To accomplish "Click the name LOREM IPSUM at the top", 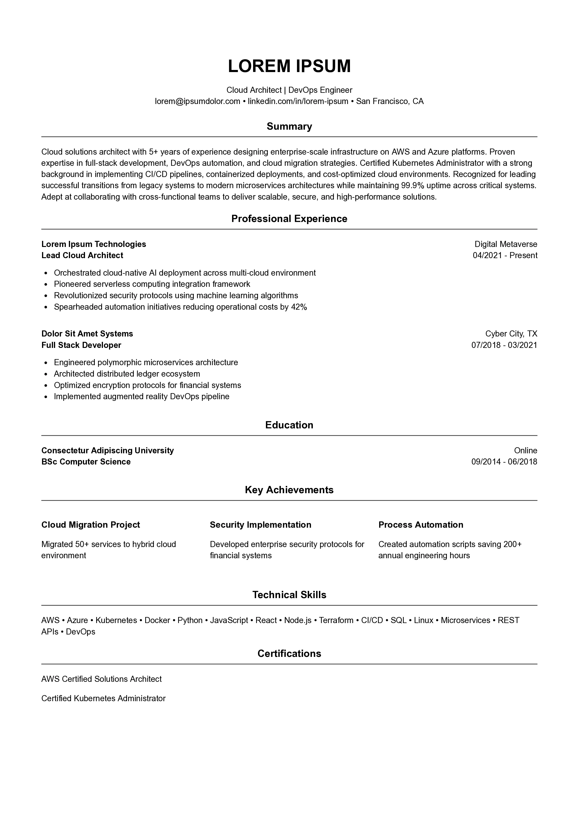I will (x=289, y=66).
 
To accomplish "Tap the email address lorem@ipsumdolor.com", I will (x=197, y=101).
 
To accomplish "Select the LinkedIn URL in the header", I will (x=298, y=101).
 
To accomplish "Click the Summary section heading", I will (x=289, y=126).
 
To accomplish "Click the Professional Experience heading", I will (x=289, y=219).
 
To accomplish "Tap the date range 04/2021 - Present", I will (x=505, y=255).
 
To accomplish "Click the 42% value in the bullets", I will (x=299, y=307).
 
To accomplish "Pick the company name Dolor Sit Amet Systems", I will (x=87, y=334).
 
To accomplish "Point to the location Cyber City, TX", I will (x=511, y=334).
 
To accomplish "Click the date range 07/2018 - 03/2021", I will (x=504, y=345).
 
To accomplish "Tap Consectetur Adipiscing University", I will (x=107, y=451).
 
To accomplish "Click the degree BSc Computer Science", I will (x=86, y=462).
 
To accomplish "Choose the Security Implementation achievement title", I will (x=260, y=525).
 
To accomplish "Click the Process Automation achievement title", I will (x=421, y=525).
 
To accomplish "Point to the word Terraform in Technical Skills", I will (x=336, y=621).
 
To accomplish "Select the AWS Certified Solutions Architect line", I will (x=101, y=679).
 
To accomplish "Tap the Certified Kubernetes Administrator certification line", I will (x=103, y=698).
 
